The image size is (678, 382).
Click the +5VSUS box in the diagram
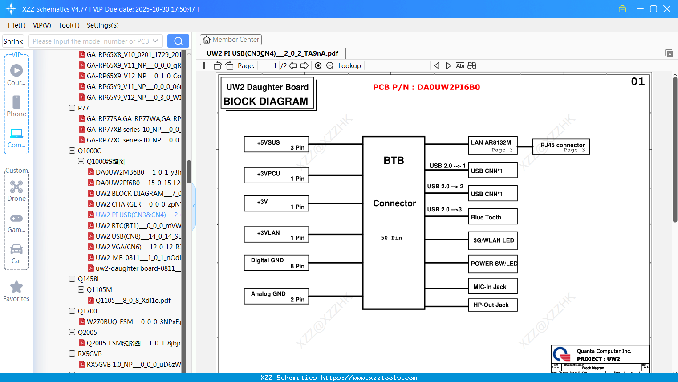coord(276,144)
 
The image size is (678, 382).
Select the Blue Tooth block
coord(492,217)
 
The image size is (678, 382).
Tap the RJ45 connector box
coord(561,146)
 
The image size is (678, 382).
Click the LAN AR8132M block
coord(492,145)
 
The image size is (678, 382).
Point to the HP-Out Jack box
coord(492,305)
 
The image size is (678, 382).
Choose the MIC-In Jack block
coord(492,286)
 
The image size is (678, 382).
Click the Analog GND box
coord(276,296)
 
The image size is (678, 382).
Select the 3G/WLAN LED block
coord(492,240)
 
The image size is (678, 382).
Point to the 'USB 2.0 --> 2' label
coord(445,186)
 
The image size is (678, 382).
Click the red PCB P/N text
coord(426,87)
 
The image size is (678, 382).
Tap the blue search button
coord(178,41)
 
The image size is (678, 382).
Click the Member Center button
coord(231,40)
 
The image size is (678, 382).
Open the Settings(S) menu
coord(102,25)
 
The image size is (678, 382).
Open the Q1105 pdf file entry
coord(133,300)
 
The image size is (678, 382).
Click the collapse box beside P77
coord(72,108)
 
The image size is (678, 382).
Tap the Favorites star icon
coord(16,287)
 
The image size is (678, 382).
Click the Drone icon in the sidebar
coord(16,187)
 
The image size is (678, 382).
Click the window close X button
coord(666,9)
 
